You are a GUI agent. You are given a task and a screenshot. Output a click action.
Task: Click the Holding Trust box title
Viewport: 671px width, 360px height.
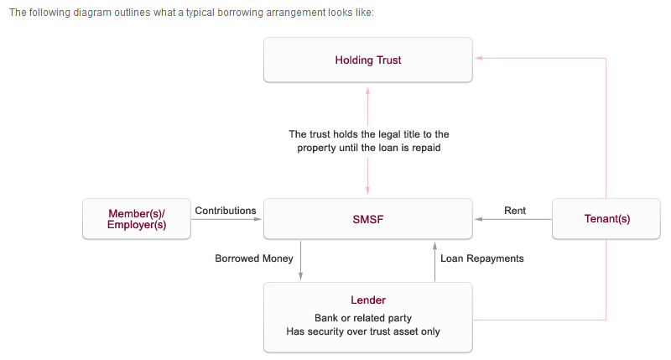tap(368, 60)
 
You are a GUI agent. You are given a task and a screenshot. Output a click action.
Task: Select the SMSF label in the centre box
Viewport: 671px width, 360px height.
tap(368, 220)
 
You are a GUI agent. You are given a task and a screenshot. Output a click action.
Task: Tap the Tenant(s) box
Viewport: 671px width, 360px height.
tap(606, 219)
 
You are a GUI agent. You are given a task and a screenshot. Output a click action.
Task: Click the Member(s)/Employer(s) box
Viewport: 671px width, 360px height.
tap(137, 219)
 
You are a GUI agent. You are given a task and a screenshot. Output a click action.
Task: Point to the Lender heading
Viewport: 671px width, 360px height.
tap(368, 300)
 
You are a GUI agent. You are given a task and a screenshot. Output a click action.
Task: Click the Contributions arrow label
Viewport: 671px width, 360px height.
tap(226, 211)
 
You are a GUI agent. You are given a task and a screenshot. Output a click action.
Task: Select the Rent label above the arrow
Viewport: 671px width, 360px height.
tap(515, 211)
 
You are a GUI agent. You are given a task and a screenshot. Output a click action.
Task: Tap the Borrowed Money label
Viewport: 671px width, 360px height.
tap(254, 258)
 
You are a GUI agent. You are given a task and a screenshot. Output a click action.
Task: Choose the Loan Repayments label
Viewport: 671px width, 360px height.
tap(481, 258)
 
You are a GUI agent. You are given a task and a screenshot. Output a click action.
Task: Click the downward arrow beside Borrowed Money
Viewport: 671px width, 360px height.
tap(300, 260)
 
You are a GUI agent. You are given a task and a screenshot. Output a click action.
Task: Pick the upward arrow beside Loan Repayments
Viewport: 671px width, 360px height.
tap(434, 261)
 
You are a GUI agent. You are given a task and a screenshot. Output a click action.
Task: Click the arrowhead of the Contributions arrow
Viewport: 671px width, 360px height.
tap(258, 219)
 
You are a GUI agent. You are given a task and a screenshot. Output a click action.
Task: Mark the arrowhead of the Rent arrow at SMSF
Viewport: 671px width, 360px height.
tap(478, 219)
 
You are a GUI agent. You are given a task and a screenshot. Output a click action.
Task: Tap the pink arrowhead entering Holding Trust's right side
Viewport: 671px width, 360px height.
tap(479, 58)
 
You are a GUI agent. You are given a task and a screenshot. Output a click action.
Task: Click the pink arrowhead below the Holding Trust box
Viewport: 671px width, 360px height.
tap(367, 91)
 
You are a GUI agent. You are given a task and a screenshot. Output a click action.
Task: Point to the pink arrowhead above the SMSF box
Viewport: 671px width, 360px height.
tap(367, 190)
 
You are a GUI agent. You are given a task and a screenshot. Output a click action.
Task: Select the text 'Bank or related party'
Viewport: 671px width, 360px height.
tap(363, 318)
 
